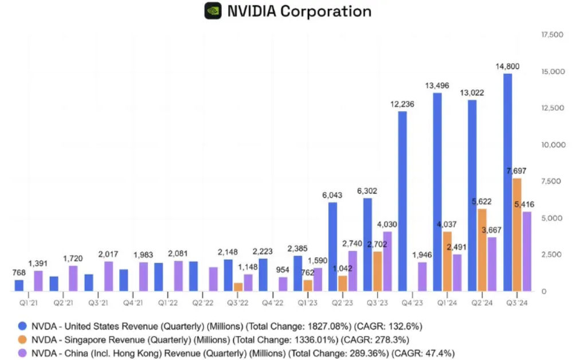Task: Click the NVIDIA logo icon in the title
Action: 213,11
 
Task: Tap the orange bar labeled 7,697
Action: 517,234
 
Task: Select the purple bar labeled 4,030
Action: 387,261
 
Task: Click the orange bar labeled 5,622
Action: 482,250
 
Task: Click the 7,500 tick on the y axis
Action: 551,181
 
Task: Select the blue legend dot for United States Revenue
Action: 22,326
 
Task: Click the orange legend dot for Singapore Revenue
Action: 22,340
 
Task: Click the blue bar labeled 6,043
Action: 332,246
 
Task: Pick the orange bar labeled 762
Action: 308,285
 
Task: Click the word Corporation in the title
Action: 326,11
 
